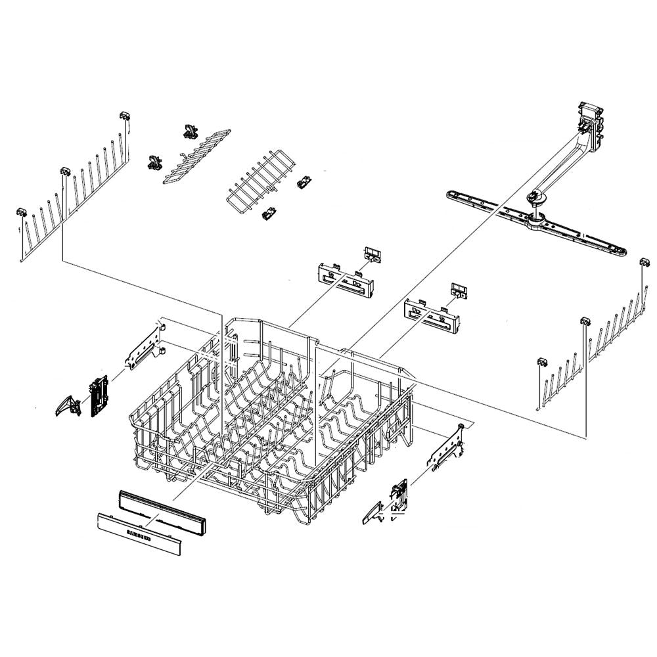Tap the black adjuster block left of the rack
coord(99,397)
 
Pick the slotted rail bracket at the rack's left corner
coord(145,348)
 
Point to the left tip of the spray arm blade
coord(452,194)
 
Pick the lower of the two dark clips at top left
coord(155,161)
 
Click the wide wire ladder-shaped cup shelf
coord(253,179)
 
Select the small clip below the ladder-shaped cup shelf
coord(268,213)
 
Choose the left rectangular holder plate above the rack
coord(346,277)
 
